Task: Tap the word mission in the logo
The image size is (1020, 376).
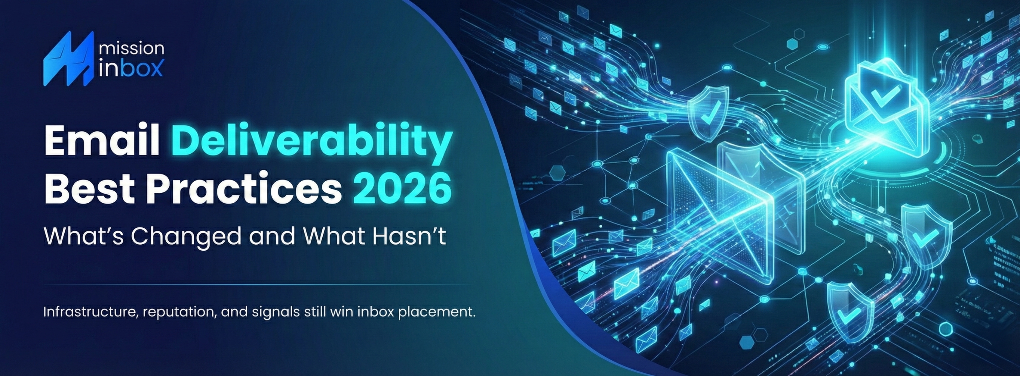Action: tap(131, 49)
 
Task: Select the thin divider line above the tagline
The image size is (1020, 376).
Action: tap(257, 285)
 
